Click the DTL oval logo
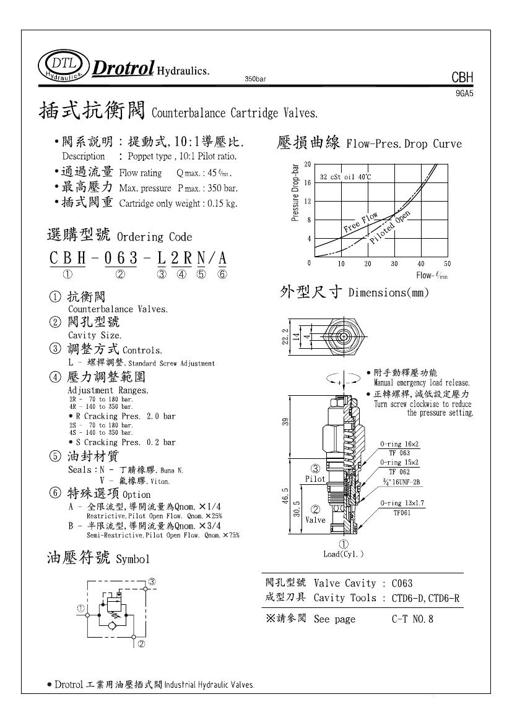[62, 66]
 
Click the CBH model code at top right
[462, 78]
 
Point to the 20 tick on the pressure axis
[307, 164]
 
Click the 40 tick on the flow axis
[421, 264]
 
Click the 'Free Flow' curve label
[360, 223]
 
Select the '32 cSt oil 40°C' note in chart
[345, 177]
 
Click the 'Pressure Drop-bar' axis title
[295, 192]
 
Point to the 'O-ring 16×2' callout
[400, 444]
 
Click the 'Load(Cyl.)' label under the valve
[344, 554]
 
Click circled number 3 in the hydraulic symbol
[151, 581]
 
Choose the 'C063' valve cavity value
[402, 583]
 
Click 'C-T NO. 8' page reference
[412, 618]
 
